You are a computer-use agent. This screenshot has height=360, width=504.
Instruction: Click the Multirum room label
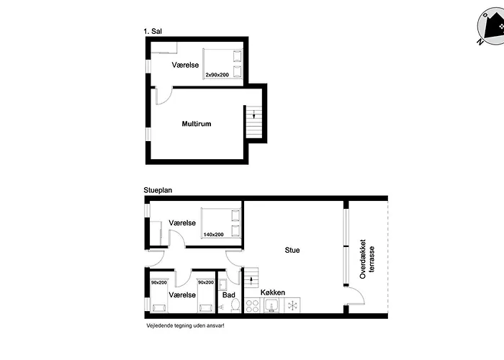tap(197, 124)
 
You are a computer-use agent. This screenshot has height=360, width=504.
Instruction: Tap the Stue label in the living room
tap(292, 250)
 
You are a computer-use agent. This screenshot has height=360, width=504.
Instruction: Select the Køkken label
tap(273, 292)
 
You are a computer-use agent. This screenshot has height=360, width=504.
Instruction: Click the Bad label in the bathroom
tap(228, 294)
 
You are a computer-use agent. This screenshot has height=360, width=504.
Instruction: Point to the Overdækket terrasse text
tap(367, 258)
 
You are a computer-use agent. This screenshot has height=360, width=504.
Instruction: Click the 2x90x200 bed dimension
tap(217, 75)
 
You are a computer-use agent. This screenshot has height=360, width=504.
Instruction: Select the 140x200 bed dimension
tap(213, 235)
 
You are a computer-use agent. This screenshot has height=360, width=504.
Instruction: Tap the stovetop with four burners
tap(252, 305)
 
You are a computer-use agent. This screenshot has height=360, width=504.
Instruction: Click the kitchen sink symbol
tap(272, 305)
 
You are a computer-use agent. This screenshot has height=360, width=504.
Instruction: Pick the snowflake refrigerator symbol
tap(292, 305)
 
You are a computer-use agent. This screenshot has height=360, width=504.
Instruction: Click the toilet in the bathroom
tap(235, 305)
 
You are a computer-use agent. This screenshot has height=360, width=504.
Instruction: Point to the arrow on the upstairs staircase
tap(254, 114)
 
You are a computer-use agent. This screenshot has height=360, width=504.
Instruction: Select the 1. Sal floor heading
tap(153, 31)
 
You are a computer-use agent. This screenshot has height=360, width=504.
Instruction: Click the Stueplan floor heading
tap(158, 190)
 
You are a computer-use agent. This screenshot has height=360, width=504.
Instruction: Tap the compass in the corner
tap(490, 27)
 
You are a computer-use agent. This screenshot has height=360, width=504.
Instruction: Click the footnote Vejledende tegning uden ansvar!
tap(185, 325)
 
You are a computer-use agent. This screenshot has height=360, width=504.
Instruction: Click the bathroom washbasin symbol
tap(222, 284)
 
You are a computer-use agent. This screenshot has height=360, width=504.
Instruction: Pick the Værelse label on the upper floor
tap(185, 65)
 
